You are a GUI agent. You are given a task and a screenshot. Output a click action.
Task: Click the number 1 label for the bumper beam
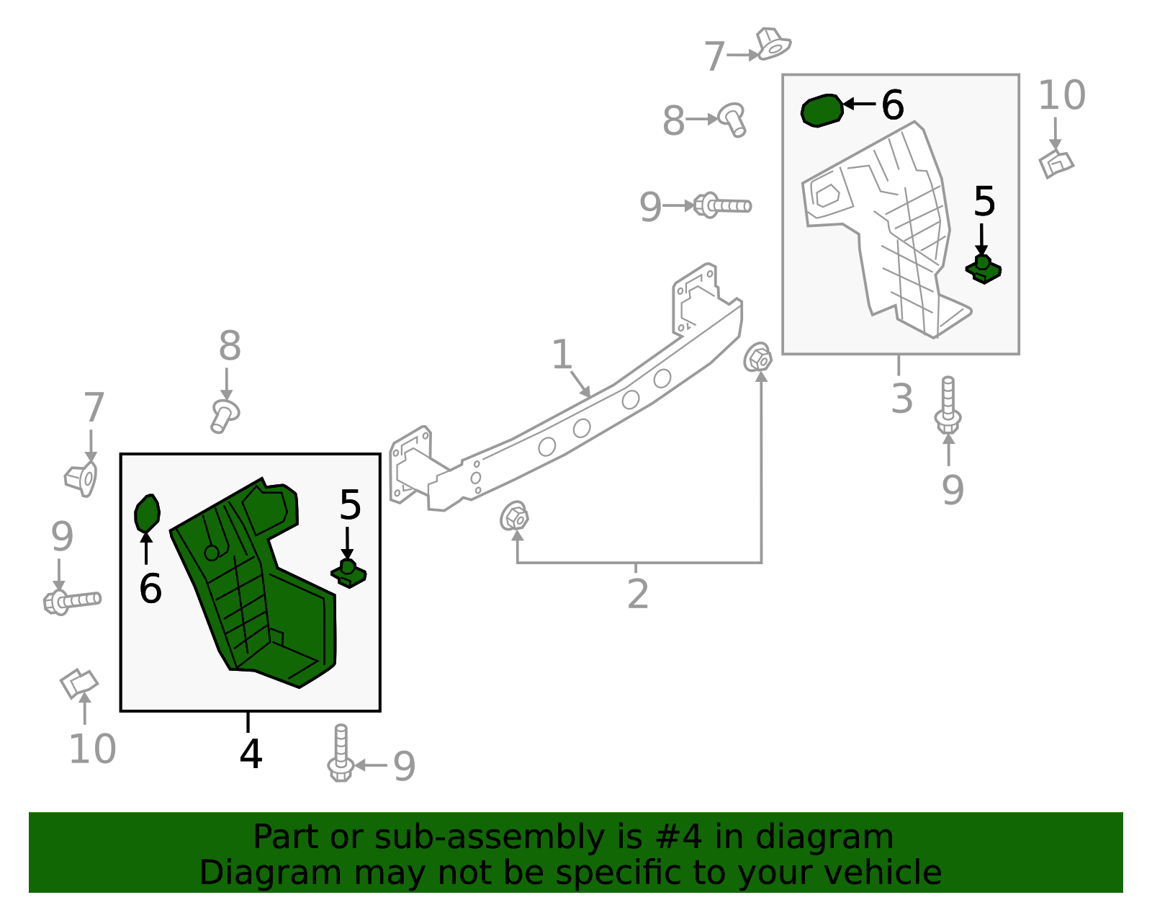(562, 355)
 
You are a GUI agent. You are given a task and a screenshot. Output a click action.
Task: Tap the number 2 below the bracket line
(638, 594)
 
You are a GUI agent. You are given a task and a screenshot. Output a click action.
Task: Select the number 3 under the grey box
(901, 398)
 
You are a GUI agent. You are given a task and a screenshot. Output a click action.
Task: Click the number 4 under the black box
(251, 754)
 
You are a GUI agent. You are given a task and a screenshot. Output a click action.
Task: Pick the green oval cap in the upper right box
(822, 111)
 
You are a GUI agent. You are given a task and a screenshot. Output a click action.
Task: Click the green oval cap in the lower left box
(147, 514)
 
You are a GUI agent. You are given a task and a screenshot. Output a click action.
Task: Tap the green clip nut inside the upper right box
(983, 269)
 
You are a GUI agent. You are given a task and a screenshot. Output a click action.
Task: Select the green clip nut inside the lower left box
(348, 574)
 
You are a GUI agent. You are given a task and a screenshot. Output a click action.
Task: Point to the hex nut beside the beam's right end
(758, 357)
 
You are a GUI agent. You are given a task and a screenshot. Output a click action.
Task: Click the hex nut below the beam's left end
(515, 517)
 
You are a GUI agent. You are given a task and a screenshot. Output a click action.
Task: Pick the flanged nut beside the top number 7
(773, 44)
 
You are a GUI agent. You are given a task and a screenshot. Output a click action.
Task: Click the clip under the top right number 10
(1056, 164)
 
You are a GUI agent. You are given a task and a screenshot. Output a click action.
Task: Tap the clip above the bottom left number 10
(78, 683)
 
